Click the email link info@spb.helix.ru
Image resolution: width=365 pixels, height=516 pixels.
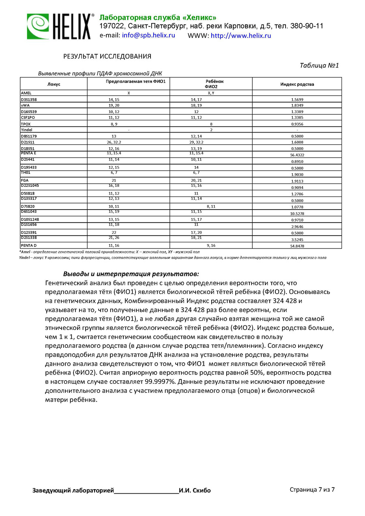click(x=148, y=36)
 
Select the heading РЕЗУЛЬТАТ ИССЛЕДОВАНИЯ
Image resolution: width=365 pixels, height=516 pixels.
click(x=107, y=56)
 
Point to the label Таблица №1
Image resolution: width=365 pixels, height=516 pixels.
click(x=319, y=66)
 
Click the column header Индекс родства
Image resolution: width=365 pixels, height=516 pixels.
click(x=297, y=84)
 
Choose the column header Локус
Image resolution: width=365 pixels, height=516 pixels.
click(x=54, y=84)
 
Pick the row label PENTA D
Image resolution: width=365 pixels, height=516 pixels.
click(x=29, y=246)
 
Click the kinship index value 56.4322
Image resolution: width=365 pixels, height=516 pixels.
click(x=297, y=155)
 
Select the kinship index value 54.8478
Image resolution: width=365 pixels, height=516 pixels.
click(x=297, y=246)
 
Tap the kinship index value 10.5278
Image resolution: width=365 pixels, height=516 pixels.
click(x=297, y=213)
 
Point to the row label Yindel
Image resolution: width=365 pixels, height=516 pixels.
click(x=27, y=130)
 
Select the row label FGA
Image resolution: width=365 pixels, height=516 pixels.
click(x=25, y=180)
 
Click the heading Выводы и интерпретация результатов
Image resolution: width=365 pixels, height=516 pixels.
click(x=131, y=274)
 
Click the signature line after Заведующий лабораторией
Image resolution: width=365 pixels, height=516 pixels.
click(x=146, y=491)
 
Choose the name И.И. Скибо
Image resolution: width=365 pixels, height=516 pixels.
click(x=195, y=490)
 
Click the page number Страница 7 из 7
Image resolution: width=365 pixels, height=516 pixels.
click(x=312, y=489)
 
